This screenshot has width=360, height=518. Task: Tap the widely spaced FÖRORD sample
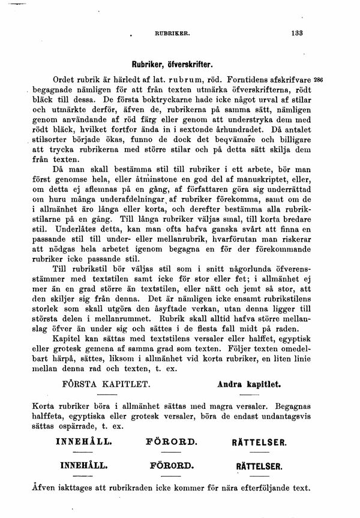(x=172, y=442)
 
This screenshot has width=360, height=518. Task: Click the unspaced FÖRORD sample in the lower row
(x=172, y=465)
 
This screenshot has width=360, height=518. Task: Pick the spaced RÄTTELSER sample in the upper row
(x=259, y=442)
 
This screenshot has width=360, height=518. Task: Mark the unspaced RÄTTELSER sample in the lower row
(x=259, y=465)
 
